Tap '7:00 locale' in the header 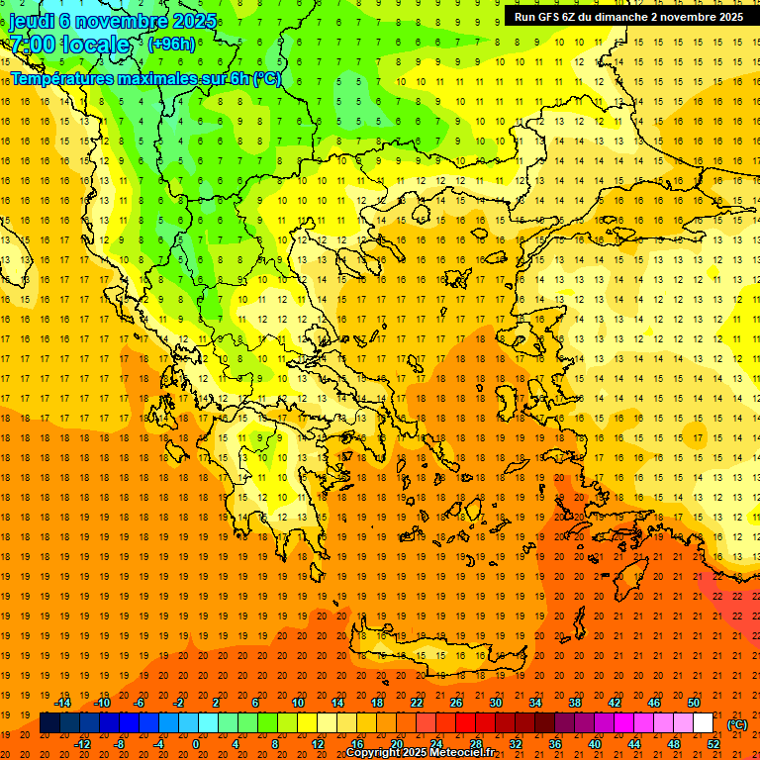[x=70, y=45]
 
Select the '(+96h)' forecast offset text [x=171, y=44]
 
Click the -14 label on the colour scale [x=64, y=704]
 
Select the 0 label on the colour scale [x=196, y=743]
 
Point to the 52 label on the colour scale [x=714, y=743]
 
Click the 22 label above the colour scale [x=417, y=704]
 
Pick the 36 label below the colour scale [x=554, y=743]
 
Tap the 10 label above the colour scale [x=298, y=704]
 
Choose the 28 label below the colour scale [x=476, y=743]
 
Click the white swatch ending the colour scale [x=703, y=723]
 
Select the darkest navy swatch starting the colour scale [x=49, y=723]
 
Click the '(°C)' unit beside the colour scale [x=737, y=724]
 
